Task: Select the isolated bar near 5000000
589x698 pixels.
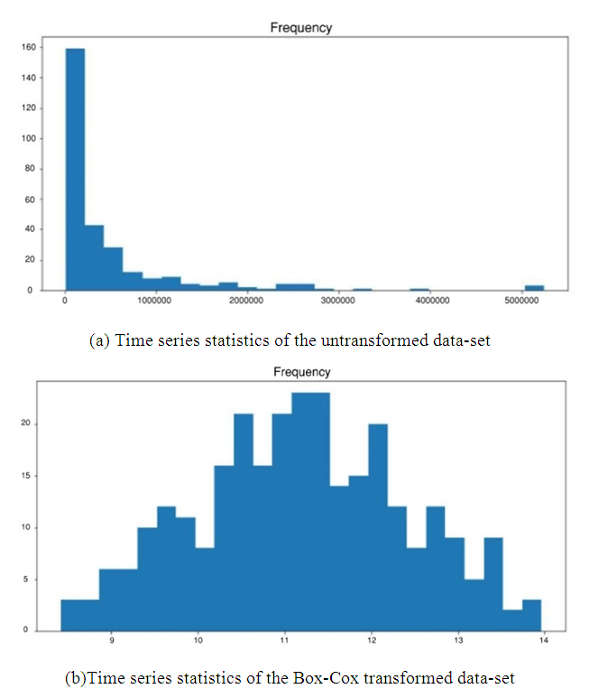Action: click(534, 287)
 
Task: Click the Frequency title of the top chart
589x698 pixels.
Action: click(301, 27)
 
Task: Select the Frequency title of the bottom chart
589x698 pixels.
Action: click(301, 372)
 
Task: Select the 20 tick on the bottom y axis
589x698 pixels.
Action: click(28, 423)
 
